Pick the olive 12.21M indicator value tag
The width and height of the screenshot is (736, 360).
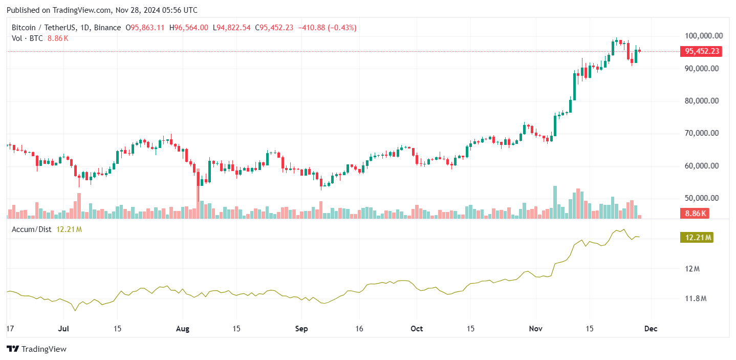click(x=697, y=238)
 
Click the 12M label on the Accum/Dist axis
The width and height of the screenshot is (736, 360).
click(x=692, y=269)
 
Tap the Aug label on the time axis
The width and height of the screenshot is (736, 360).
click(x=182, y=329)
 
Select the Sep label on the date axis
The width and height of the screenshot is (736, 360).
click(x=301, y=329)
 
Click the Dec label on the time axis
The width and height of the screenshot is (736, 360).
click(x=651, y=329)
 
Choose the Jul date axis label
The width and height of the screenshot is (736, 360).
click(x=63, y=329)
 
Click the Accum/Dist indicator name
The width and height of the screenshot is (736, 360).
click(x=32, y=229)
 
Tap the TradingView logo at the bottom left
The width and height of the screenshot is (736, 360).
click(x=37, y=349)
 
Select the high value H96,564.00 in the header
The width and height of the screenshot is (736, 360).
click(x=189, y=28)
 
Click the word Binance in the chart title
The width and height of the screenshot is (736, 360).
click(x=107, y=28)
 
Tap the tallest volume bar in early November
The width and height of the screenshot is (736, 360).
click(x=555, y=202)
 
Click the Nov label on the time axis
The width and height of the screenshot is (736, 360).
click(x=536, y=329)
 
